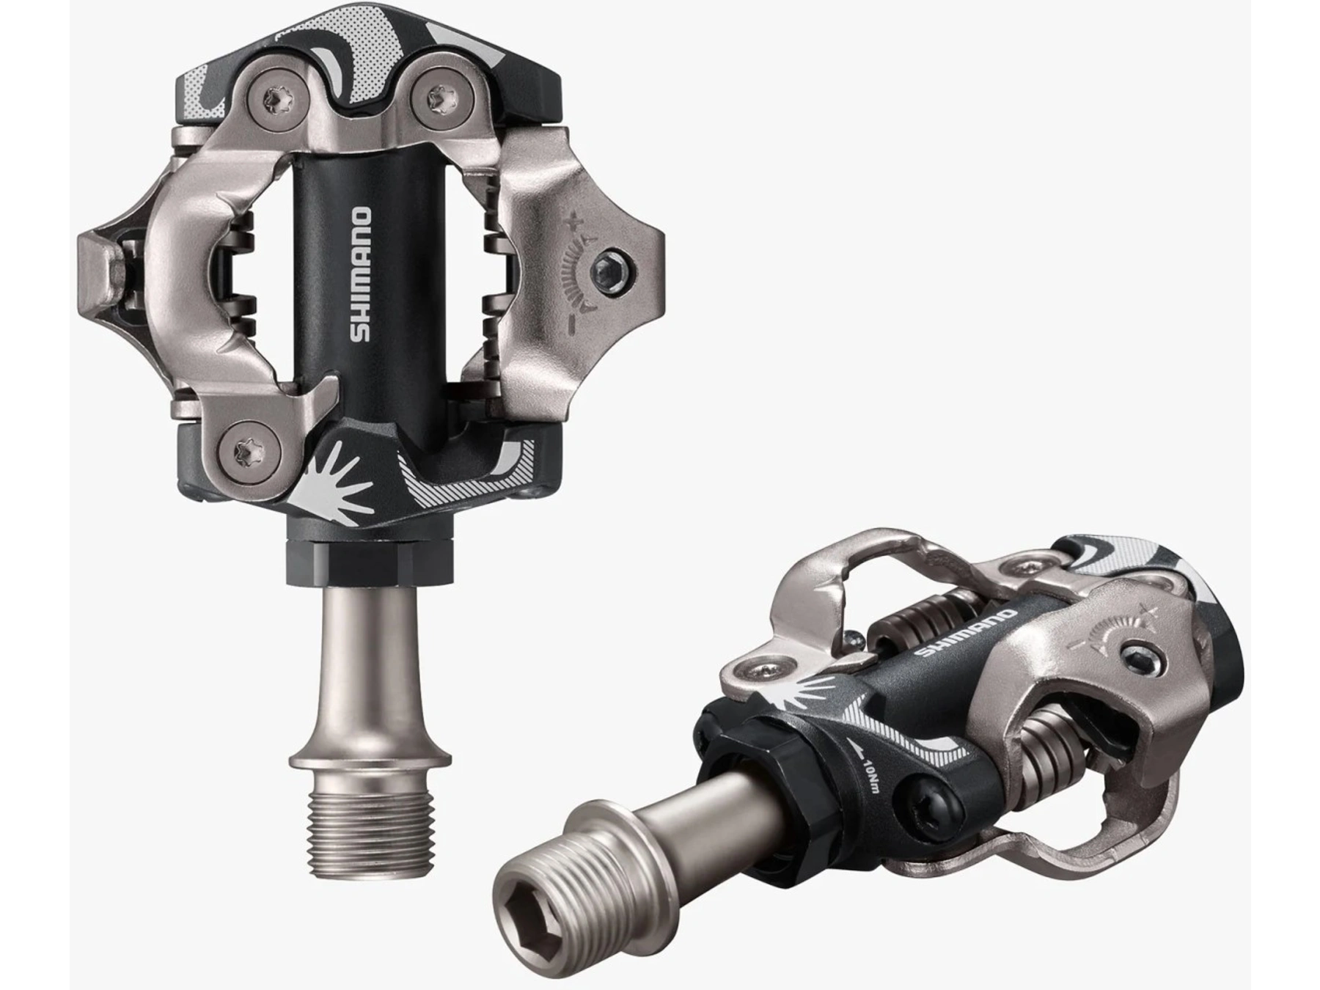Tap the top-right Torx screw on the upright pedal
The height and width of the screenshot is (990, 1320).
click(439, 95)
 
